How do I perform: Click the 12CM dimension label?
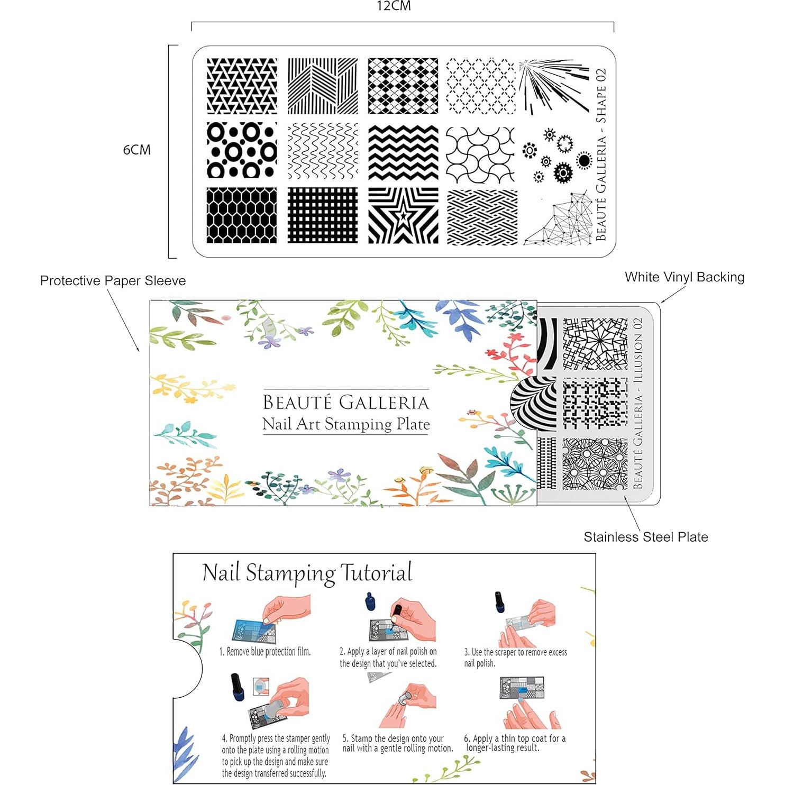pos(394,6)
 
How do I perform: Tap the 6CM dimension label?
pos(137,150)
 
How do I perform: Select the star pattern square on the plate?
pos(403,215)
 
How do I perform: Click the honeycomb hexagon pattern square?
pos(242,215)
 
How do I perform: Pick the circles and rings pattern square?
pos(242,150)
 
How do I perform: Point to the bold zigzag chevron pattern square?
pos(403,152)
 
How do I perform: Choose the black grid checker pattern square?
pos(323,215)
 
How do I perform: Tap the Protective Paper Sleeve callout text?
pos(113,281)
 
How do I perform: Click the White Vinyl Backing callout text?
pos(684,277)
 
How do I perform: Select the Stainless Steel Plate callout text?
pos(646,537)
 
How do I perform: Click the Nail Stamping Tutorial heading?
pos(307,573)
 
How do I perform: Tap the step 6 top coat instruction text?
pos(515,743)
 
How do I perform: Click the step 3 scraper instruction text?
pos(515,658)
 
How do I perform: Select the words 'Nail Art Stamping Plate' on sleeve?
pos(346,424)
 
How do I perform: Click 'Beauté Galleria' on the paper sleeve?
pos(346,403)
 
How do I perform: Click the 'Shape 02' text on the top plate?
pos(601,96)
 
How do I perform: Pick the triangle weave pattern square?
pos(242,86)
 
